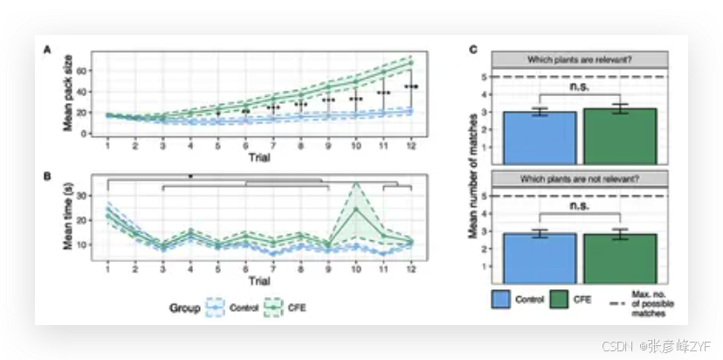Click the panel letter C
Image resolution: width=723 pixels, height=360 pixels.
472,51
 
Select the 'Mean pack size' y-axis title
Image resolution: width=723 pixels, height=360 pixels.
67,93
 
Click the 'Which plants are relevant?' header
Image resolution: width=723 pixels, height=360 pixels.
580,59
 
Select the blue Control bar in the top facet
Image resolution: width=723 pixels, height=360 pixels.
540,137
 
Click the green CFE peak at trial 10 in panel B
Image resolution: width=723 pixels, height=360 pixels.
355,209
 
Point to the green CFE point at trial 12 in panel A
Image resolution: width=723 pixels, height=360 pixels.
411,63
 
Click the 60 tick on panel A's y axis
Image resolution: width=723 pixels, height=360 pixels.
82,70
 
